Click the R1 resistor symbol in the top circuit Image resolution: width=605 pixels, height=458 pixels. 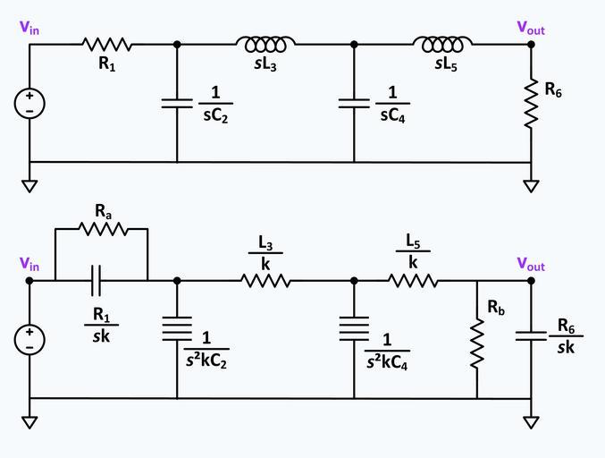[106, 44]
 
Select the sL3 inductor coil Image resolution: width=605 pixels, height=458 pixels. [265, 44]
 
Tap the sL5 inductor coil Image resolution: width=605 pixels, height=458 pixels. [442, 44]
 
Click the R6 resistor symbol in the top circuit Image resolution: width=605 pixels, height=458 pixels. [531, 104]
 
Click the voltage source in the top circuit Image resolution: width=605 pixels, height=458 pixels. [29, 104]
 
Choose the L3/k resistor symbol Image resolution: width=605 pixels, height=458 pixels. [265, 280]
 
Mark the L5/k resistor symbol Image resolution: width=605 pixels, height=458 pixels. [413, 280]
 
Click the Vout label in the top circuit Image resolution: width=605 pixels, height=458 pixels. [531, 28]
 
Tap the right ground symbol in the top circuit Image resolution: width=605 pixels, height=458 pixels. [531, 185]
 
